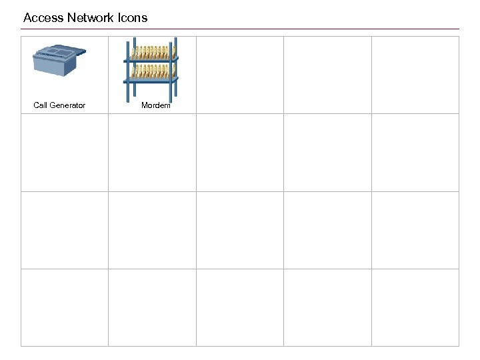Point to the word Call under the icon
pos(41,105)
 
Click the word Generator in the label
pos(68,105)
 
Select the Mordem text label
pos(156,105)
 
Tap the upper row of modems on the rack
pos(151,52)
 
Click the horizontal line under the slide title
pos(240,29)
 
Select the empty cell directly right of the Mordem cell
pos(240,75)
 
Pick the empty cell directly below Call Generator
pos(65,153)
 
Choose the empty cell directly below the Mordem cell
pos(152,153)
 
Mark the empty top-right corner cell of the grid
pos(415,75)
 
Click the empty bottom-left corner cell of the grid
pos(65,307)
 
